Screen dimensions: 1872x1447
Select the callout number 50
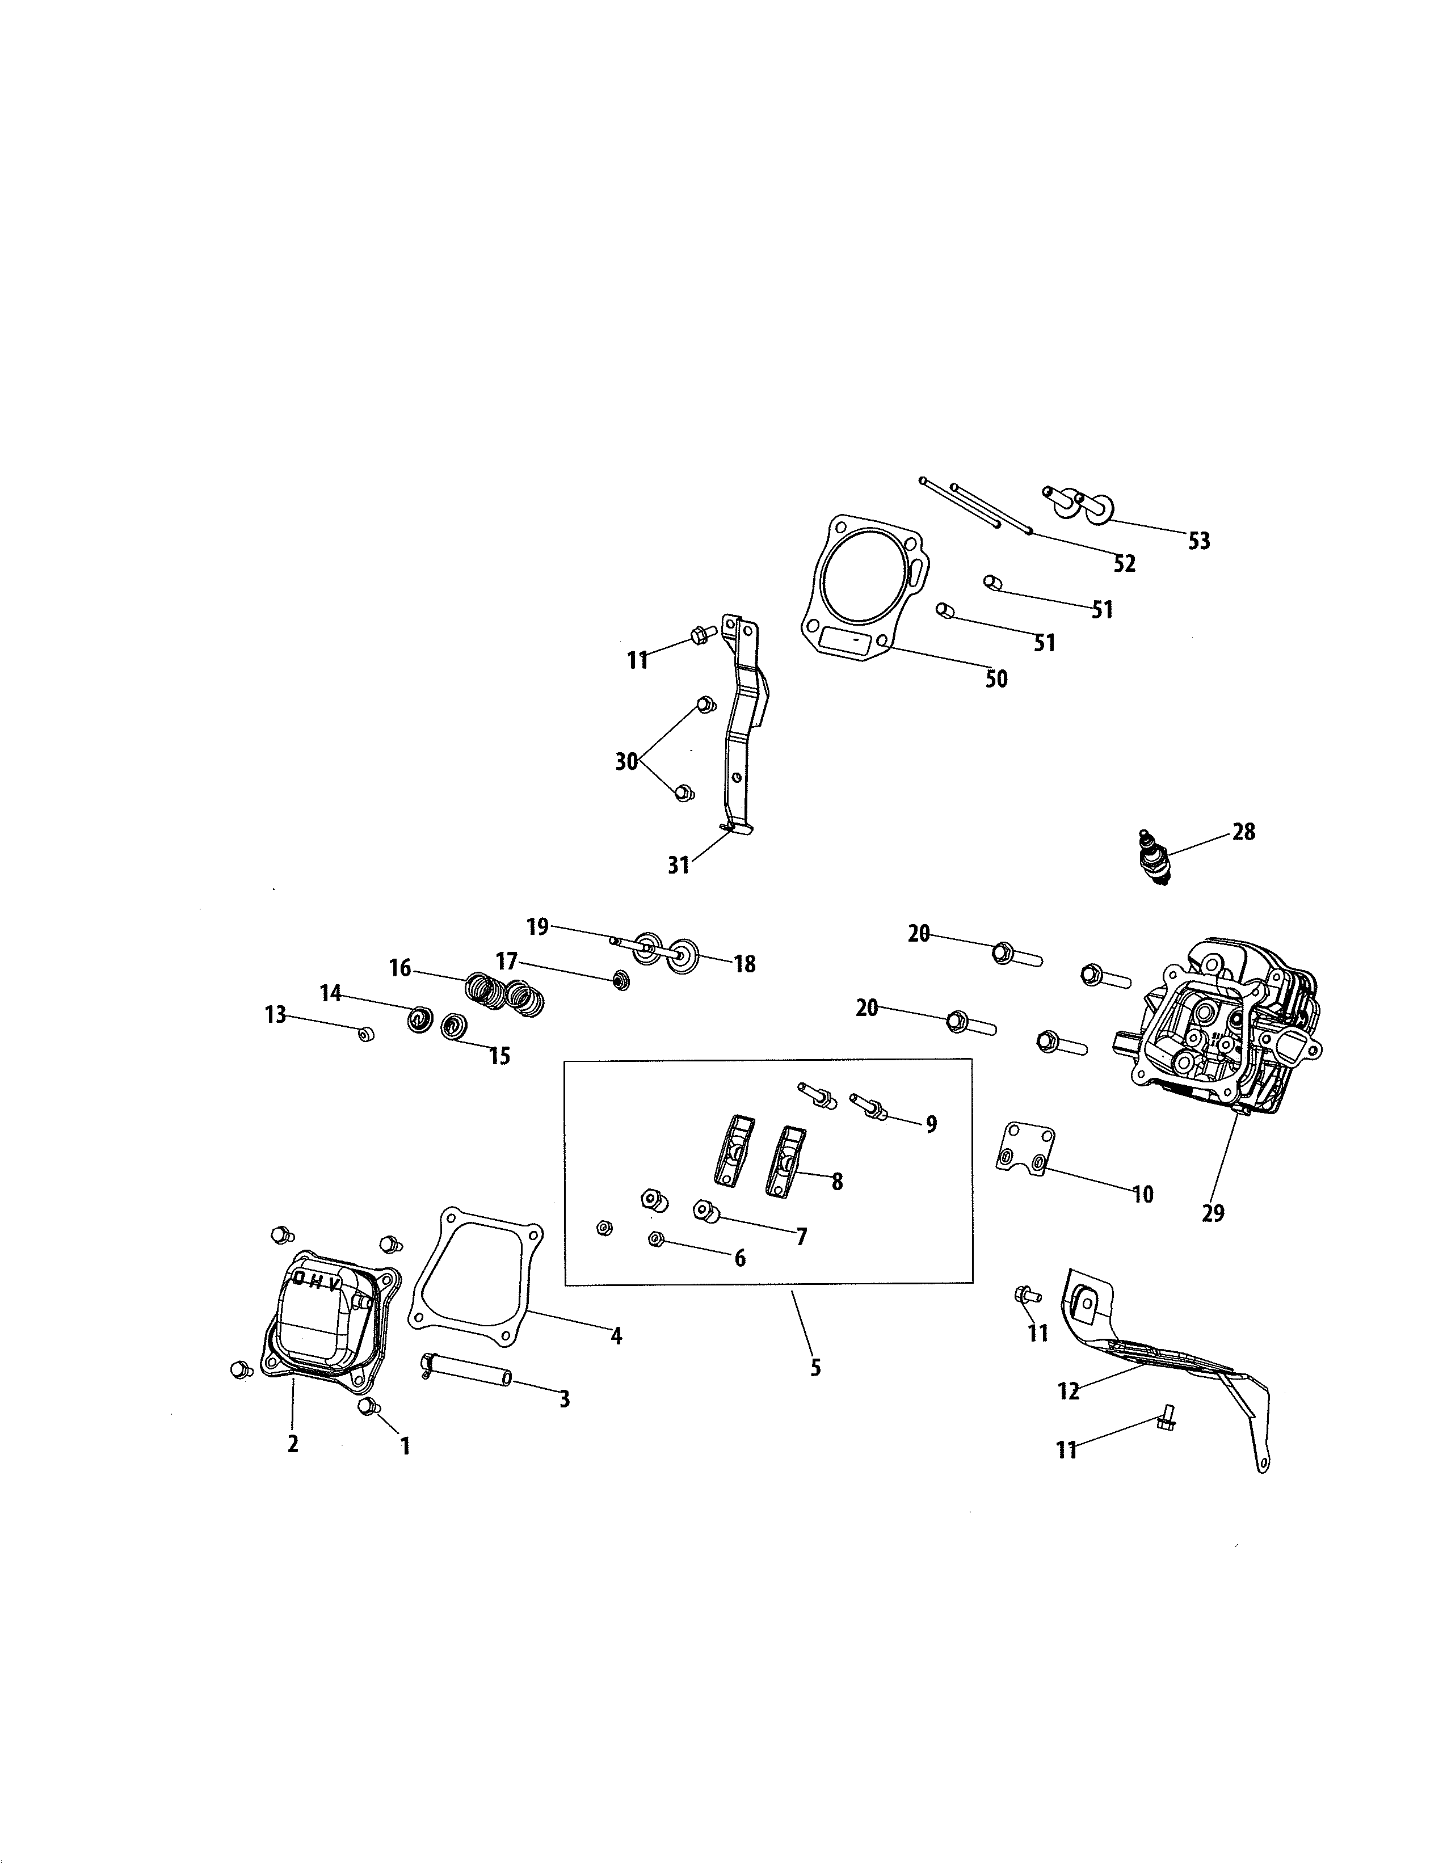pos(995,679)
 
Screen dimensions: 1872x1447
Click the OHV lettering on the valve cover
pos(317,1280)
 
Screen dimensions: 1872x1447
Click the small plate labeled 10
pos(1025,1149)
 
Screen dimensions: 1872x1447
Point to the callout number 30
pos(626,761)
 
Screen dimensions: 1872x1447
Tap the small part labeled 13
pos(366,1035)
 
